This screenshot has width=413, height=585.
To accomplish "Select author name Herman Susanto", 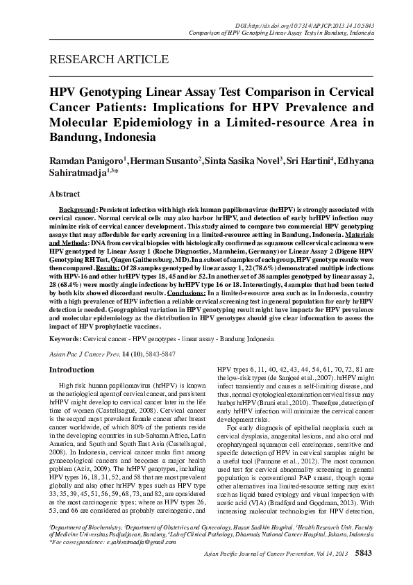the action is [x=165, y=160].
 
